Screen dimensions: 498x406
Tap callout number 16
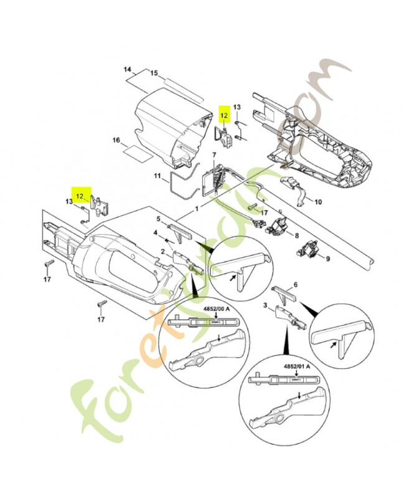point(116,141)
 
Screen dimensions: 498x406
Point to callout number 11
point(158,176)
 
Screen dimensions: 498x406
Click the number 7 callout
point(214,154)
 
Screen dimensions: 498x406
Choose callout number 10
point(318,202)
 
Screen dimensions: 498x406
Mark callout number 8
point(296,235)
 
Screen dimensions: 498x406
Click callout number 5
point(159,218)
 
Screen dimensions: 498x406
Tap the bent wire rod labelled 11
point(177,184)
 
